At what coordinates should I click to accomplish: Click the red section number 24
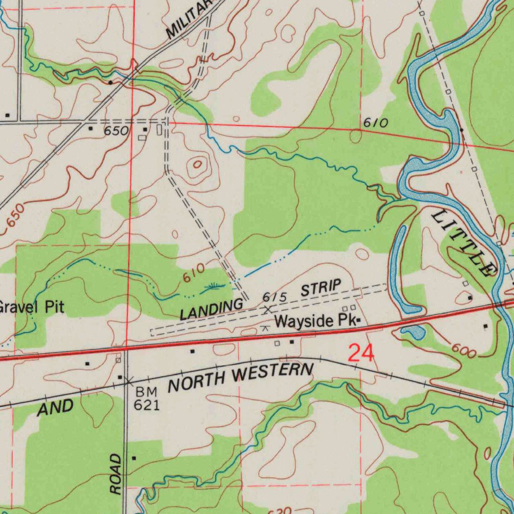[x=361, y=353]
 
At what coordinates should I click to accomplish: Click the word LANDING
[x=211, y=309]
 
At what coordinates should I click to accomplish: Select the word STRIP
[x=321, y=289]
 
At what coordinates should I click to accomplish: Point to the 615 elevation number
[x=275, y=298]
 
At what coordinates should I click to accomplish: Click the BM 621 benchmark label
[x=146, y=399]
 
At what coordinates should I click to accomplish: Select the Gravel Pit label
[x=31, y=306]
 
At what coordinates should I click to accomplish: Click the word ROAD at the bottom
[x=116, y=474]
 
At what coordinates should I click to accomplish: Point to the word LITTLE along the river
[x=461, y=243]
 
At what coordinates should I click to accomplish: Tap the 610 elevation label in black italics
[x=376, y=123]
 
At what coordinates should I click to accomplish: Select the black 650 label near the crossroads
[x=116, y=131]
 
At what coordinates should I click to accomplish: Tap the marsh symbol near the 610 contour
[x=214, y=287]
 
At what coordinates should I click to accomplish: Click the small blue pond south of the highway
[x=414, y=331]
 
